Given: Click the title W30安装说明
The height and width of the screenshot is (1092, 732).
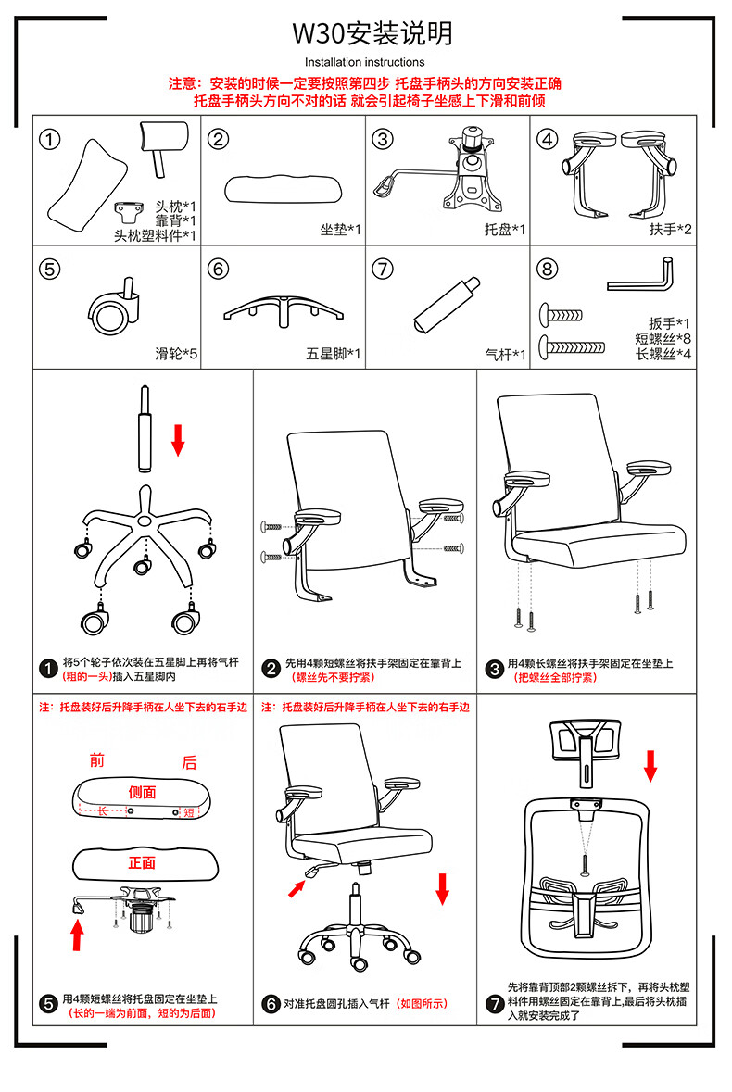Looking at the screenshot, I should tap(372, 34).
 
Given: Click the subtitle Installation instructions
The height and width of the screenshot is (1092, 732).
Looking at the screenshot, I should tap(365, 62).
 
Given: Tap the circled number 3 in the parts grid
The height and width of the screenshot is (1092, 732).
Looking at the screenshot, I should tap(383, 139).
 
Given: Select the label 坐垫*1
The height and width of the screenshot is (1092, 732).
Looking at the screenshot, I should tap(340, 229).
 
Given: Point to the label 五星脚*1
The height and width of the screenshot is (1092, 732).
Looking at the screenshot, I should tap(334, 354).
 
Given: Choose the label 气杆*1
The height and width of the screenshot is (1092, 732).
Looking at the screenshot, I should tap(505, 354).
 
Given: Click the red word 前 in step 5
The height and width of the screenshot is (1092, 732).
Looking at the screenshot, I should tap(97, 761).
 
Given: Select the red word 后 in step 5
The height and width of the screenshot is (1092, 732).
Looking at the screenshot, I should tap(189, 762).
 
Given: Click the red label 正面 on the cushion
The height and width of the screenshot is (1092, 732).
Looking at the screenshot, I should tap(142, 862).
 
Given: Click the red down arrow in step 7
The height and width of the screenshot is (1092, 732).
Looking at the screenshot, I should tap(650, 765).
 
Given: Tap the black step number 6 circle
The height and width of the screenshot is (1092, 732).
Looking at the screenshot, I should tap(271, 1004).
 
